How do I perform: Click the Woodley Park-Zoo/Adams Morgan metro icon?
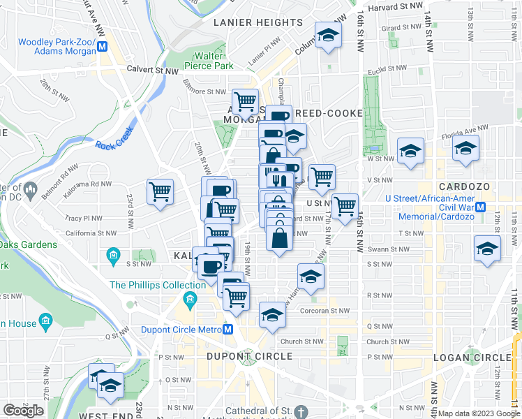point(103,47)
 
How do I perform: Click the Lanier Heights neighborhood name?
point(258,22)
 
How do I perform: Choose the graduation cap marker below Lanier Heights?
point(326,35)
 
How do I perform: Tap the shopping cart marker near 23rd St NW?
point(161,191)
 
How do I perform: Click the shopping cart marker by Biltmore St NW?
point(245,101)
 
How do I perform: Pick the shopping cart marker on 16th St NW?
point(345,206)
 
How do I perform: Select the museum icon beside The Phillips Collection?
point(189,300)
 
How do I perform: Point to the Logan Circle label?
point(467,357)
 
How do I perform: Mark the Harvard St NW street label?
point(397,6)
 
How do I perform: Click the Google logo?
point(23,411)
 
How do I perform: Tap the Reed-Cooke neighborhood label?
point(329,113)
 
